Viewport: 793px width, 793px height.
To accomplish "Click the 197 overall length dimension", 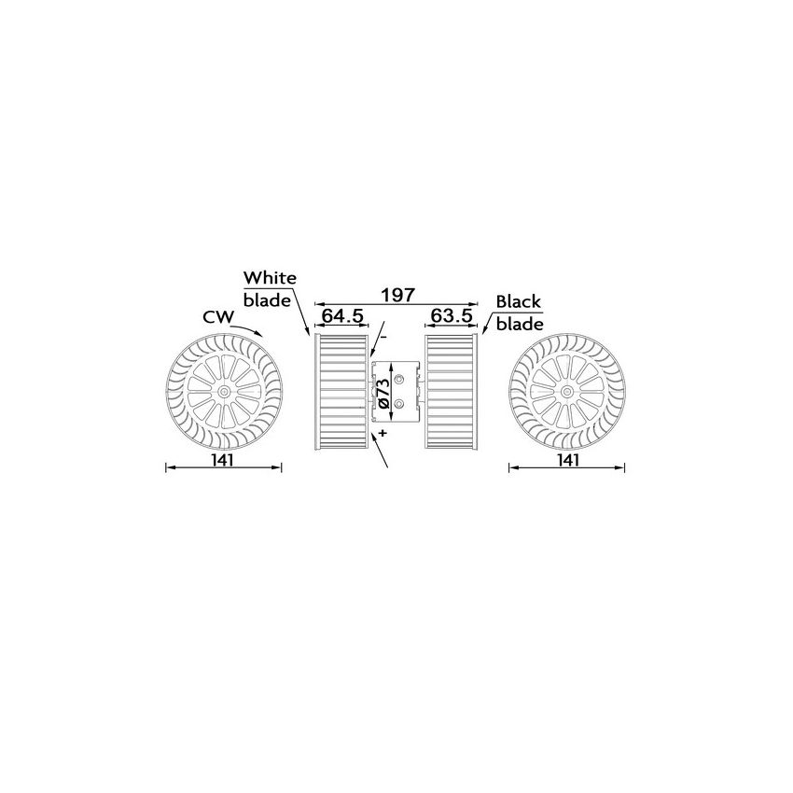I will (397, 295).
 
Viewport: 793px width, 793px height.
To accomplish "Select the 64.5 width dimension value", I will (342, 316).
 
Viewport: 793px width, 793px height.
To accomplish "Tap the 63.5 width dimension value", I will (452, 316).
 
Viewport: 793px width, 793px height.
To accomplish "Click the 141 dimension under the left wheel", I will (221, 459).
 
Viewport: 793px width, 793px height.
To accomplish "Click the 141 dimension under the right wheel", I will (567, 459).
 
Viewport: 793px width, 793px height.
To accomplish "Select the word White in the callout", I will (270, 278).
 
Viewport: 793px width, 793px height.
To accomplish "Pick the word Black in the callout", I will (519, 302).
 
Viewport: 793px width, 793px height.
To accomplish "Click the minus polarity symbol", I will (383, 334).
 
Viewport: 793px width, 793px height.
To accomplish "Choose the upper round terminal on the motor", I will (399, 379).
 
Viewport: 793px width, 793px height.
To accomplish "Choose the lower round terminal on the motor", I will (399, 403).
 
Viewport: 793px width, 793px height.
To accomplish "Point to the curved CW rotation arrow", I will (250, 327).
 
